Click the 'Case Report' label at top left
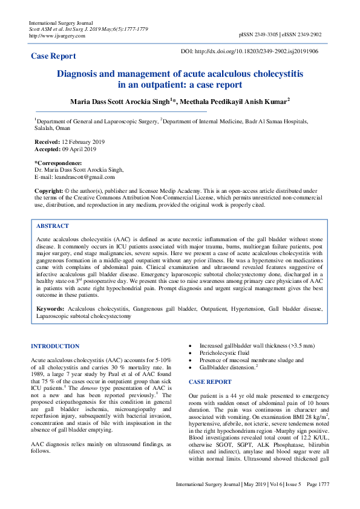click(53, 56)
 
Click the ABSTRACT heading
click(53, 225)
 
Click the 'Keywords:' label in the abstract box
click(50, 308)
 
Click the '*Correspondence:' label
click(58, 163)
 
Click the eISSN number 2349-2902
click(310, 36)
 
